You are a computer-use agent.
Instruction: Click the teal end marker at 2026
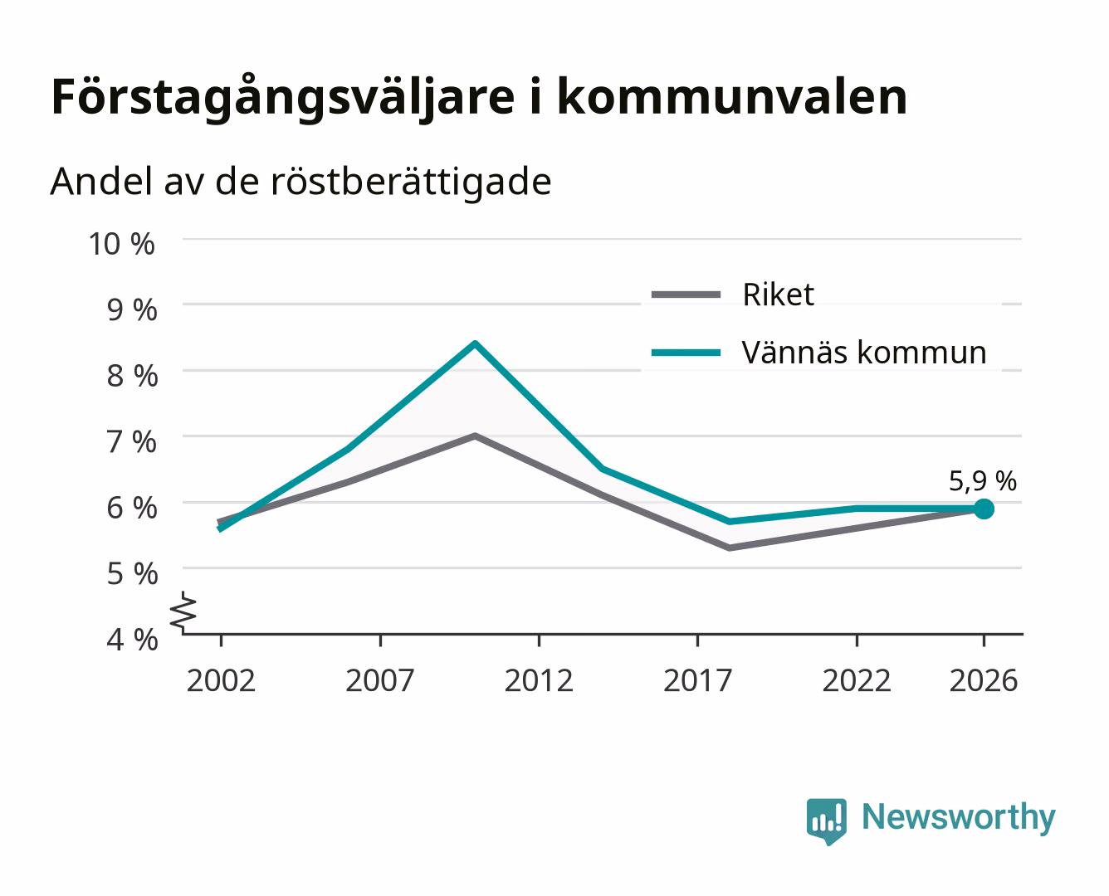(x=984, y=509)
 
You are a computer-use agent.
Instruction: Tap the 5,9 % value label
(x=983, y=481)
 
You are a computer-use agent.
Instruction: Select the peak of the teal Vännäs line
(x=476, y=343)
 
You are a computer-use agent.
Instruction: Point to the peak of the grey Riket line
(x=476, y=436)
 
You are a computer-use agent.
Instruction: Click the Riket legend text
(x=778, y=295)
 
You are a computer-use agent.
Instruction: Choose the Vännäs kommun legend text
(x=864, y=353)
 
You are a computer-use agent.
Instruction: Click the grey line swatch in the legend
(x=686, y=295)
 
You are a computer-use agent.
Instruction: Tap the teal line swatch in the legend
(x=686, y=353)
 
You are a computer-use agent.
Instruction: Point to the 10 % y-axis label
(x=122, y=244)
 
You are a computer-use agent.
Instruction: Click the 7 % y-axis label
(x=132, y=442)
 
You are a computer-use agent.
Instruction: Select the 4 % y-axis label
(x=132, y=640)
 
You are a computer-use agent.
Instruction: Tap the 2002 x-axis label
(x=221, y=680)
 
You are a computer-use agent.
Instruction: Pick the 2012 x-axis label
(x=539, y=680)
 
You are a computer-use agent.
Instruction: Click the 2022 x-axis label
(x=857, y=680)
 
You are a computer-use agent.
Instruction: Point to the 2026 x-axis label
(x=984, y=680)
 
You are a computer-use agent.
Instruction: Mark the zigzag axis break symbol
(x=183, y=612)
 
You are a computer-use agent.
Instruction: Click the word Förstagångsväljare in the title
(x=283, y=98)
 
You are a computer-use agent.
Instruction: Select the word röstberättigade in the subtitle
(x=411, y=182)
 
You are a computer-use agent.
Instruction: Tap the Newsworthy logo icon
(x=826, y=821)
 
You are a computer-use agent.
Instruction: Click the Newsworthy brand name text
(x=959, y=817)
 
